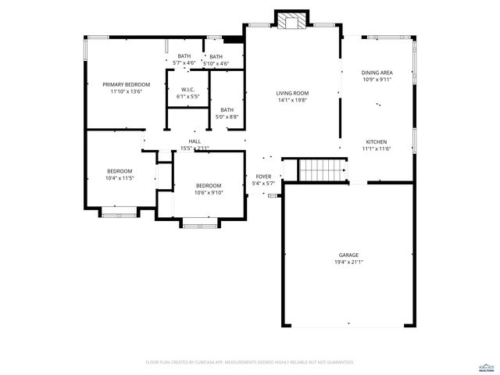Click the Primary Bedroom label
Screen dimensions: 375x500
tap(126, 84)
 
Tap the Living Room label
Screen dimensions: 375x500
tap(293, 93)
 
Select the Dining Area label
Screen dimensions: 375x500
tap(376, 73)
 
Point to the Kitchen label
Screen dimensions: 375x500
tap(376, 142)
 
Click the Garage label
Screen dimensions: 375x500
tap(348, 255)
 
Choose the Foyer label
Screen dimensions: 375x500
tap(263, 177)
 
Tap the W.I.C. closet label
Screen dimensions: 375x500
tap(187, 90)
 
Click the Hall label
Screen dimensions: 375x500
tap(194, 141)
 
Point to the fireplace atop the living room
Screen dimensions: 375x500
tap(293, 21)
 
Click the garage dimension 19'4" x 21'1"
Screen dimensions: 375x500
tap(348, 262)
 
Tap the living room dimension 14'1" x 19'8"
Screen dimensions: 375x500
tap(293, 100)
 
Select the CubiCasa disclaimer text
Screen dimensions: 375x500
tap(250, 362)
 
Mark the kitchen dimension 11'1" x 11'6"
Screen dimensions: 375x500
tap(376, 149)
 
